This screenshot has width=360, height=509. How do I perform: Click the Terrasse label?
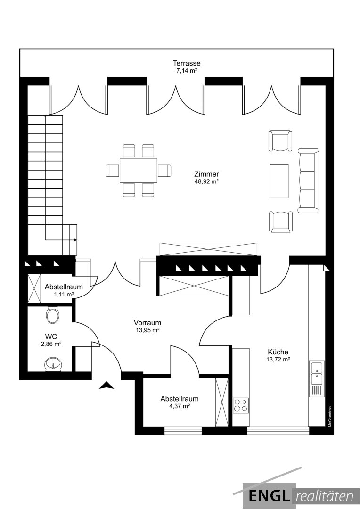coord(186,63)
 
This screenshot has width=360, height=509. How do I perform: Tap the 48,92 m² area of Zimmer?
coord(206,182)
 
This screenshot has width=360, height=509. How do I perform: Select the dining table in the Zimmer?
coord(138,171)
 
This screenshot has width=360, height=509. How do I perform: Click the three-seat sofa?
coord(308,181)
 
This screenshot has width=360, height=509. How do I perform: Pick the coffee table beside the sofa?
coord(279,181)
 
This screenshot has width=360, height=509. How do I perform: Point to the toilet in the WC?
coord(52,314)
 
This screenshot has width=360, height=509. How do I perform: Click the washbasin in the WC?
coord(52,363)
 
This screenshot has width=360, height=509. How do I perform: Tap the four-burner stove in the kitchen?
coord(241,405)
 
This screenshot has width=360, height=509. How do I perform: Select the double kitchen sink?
coord(317,372)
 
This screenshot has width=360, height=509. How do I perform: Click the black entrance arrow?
coord(106,386)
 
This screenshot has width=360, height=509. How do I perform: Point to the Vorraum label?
coord(147,323)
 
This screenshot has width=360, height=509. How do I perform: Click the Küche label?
coord(278,352)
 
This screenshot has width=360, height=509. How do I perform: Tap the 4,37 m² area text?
coord(180,406)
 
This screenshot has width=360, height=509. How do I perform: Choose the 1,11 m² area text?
coord(64,294)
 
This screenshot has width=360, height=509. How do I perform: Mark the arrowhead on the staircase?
coord(75,240)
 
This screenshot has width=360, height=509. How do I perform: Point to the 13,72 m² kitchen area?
coord(278,359)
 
